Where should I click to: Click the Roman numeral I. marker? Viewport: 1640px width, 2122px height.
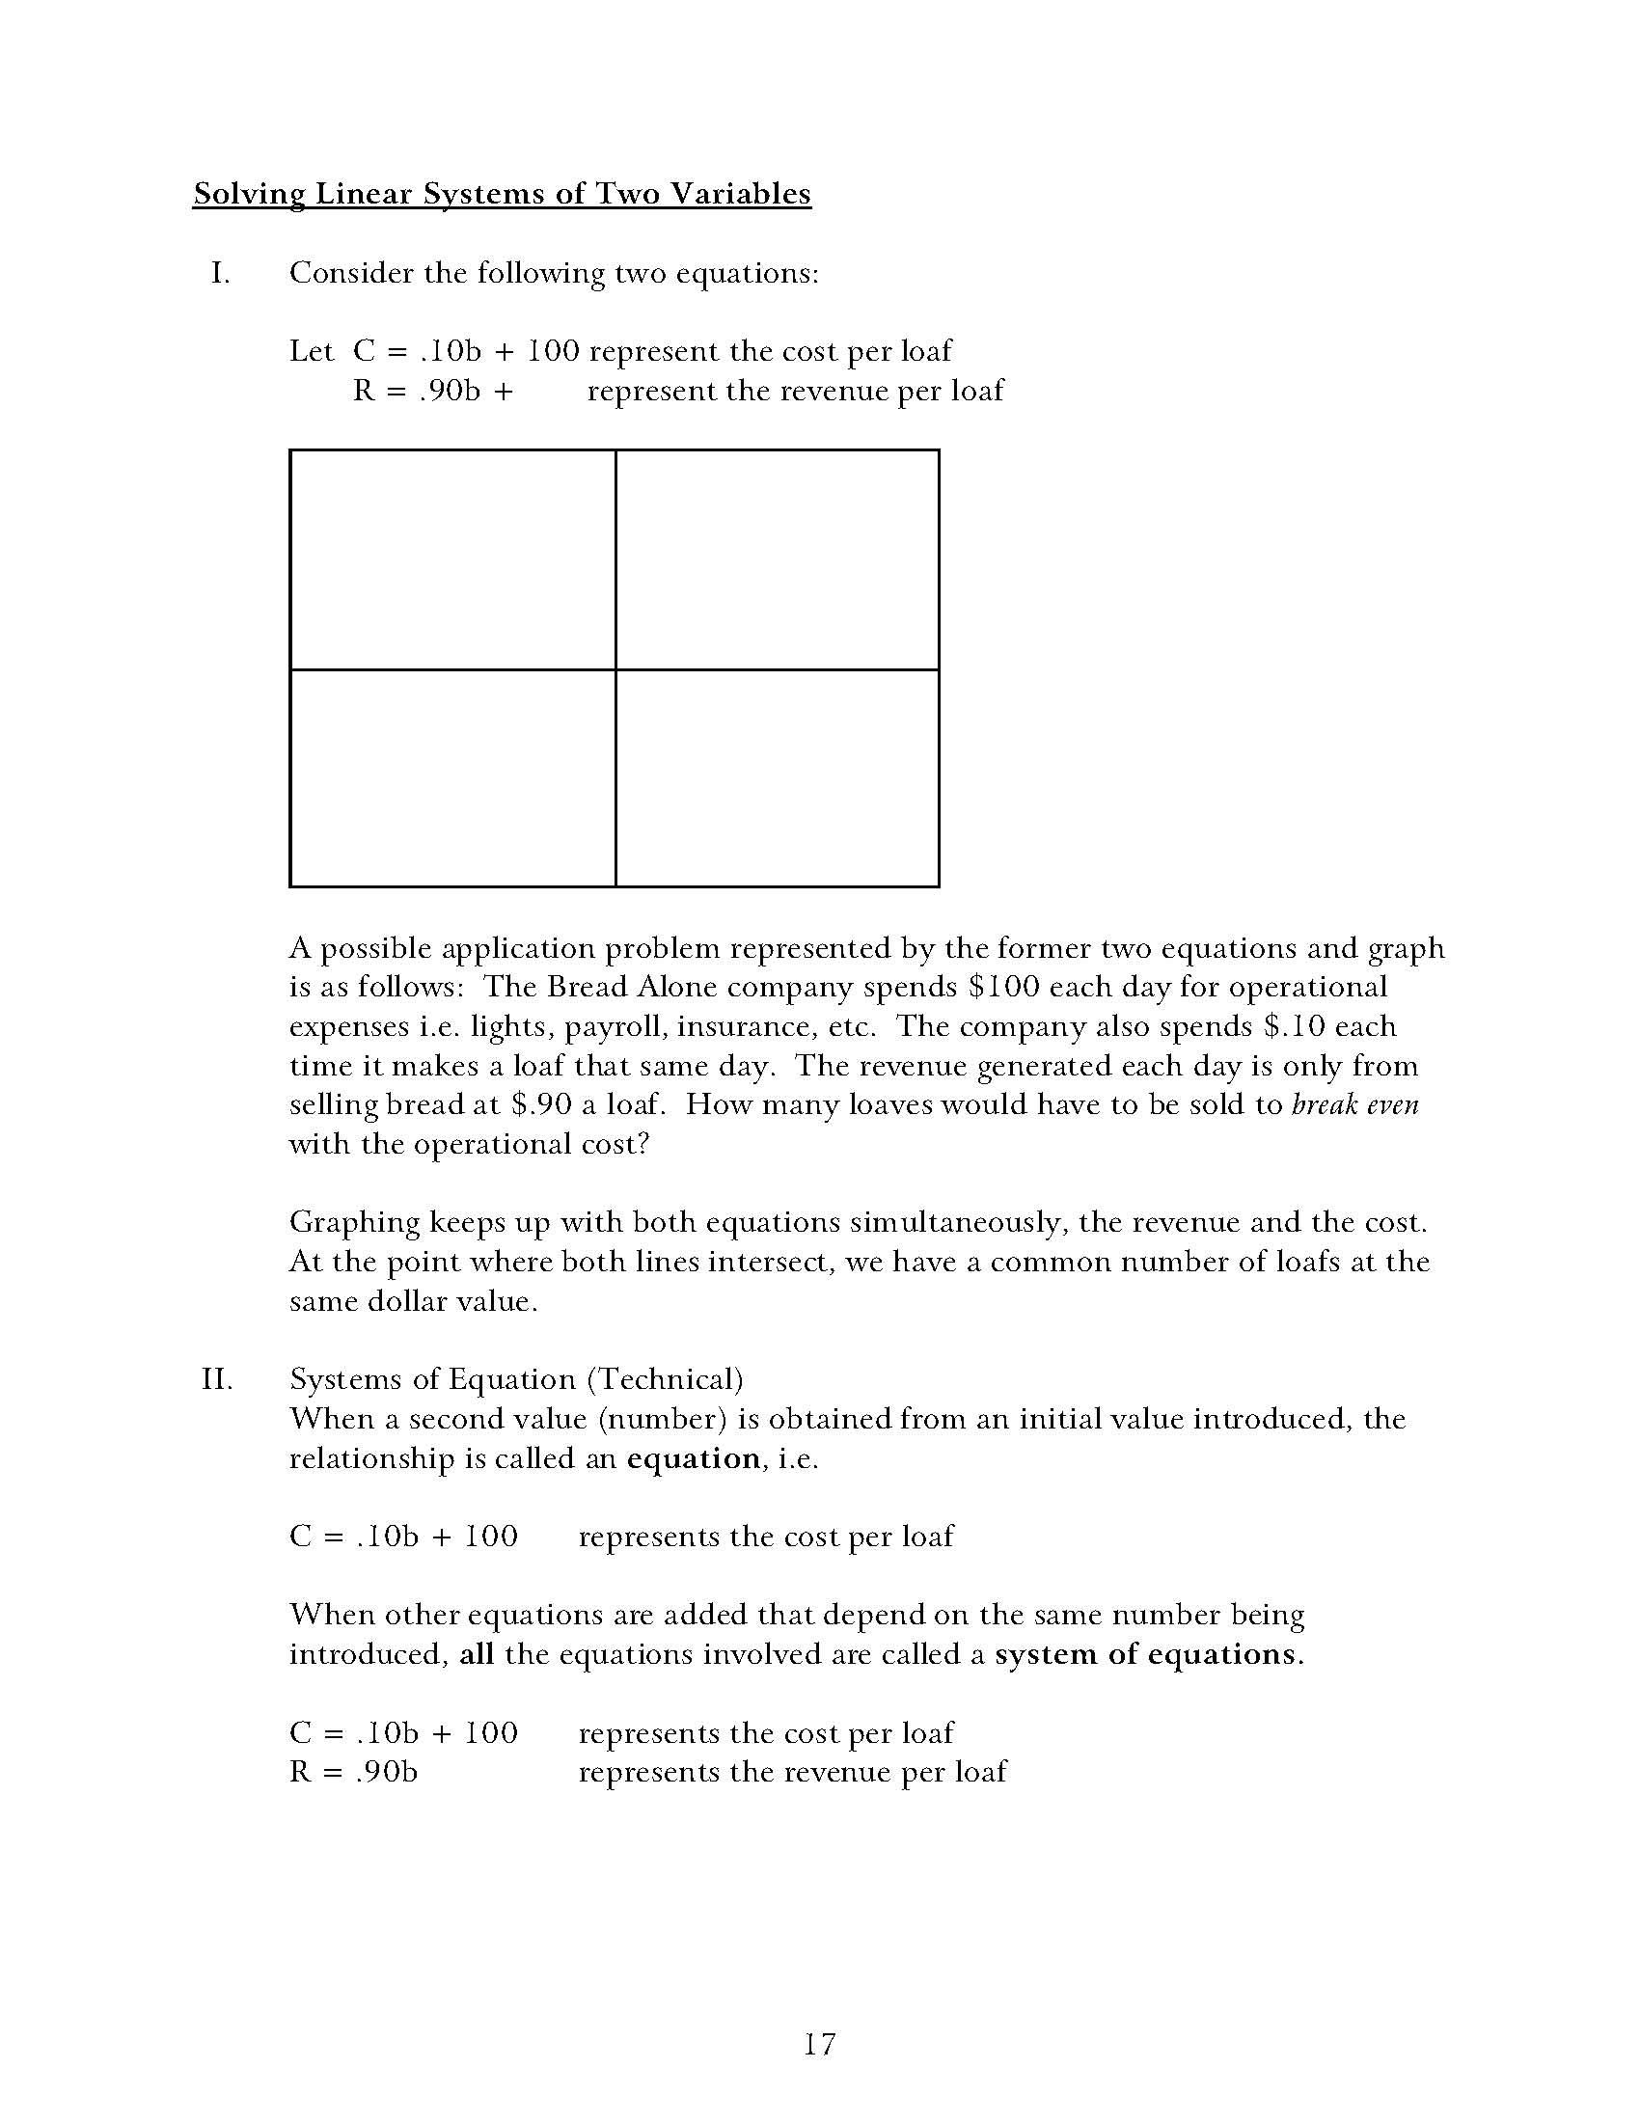[221, 274]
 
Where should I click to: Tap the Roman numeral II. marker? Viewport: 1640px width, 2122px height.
[218, 1379]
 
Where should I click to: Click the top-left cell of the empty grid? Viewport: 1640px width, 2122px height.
[452, 559]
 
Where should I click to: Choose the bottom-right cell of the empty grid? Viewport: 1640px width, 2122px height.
[778, 777]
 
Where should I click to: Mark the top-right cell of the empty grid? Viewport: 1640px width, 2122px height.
[778, 559]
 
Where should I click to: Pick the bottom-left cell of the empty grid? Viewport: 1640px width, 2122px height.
[452, 777]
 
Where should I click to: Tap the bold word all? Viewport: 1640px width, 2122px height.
[476, 1655]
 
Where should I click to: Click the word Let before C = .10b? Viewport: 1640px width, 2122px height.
[311, 352]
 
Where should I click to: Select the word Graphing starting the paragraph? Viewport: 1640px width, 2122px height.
[354, 1223]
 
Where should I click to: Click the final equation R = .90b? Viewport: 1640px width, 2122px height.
[354, 1773]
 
